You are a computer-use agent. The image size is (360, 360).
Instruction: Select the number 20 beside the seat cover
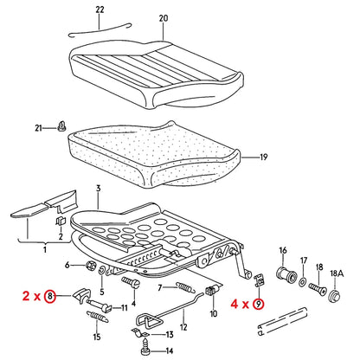164,17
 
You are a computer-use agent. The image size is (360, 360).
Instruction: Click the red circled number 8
51,296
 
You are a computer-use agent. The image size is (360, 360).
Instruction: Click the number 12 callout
182,332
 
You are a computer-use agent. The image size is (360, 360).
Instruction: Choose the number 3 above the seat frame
98,188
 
